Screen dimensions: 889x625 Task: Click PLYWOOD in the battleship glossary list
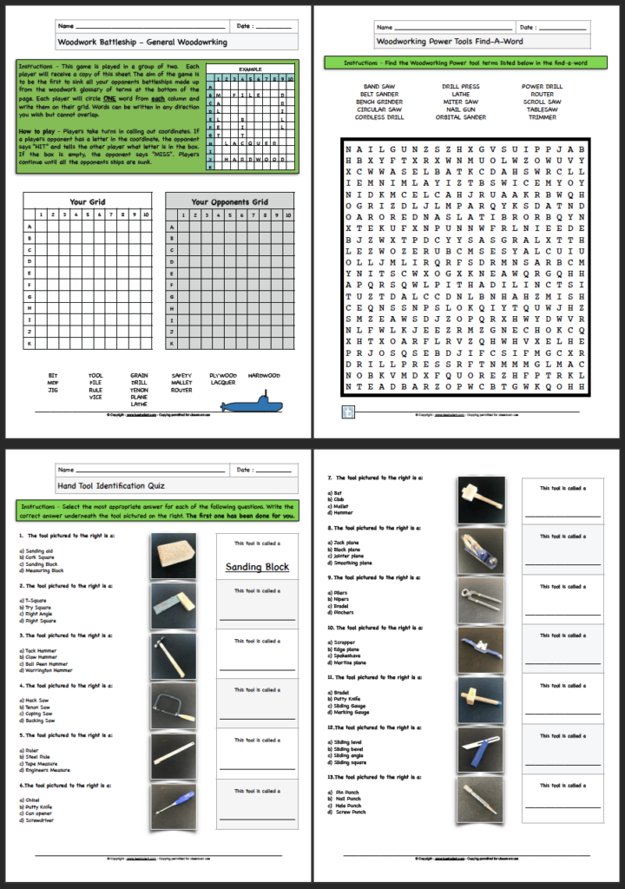pyautogui.click(x=223, y=376)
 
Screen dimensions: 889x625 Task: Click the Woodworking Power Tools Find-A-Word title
pyautogui.click(x=450, y=41)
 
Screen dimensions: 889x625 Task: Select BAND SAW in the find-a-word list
pyautogui.click(x=378, y=87)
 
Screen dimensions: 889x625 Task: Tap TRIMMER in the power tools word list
pyautogui.click(x=542, y=117)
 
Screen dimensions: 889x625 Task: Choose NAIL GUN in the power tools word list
pyautogui.click(x=460, y=109)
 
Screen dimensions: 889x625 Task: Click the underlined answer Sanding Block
pyautogui.click(x=257, y=567)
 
